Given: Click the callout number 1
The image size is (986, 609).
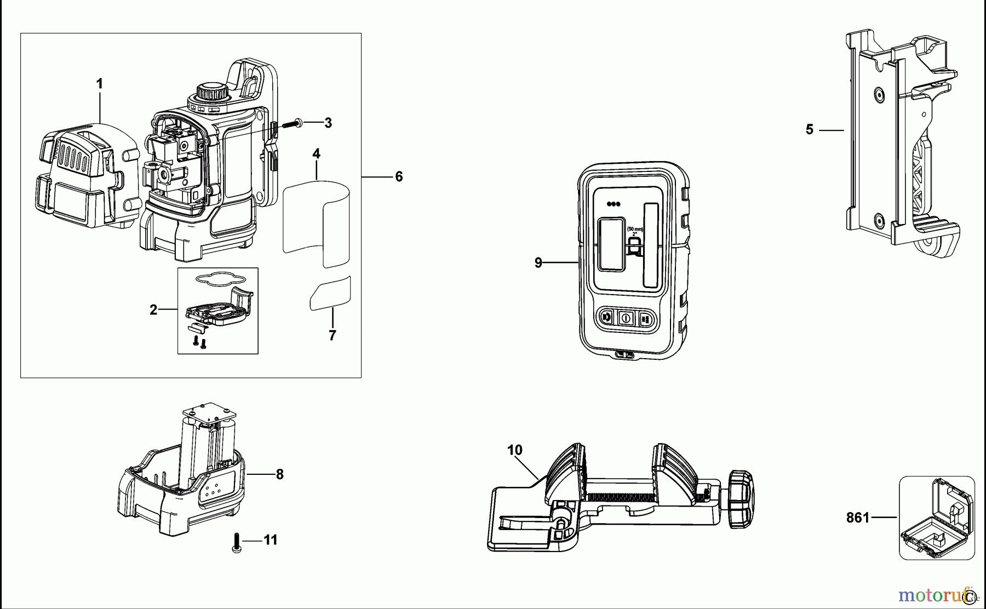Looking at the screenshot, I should coord(99,84).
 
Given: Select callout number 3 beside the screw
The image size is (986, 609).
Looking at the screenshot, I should coord(328,123).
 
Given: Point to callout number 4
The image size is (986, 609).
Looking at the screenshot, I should coord(317,154).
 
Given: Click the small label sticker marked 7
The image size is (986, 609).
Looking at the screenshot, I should coord(330,294).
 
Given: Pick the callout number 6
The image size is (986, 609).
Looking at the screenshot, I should coord(399,176).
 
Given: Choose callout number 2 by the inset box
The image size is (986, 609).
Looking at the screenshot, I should coord(153,310).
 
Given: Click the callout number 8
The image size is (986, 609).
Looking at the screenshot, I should coord(279,474).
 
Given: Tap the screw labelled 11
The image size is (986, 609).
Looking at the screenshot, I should coord(237,543).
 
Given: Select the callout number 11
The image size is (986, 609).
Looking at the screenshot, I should coord(271,540).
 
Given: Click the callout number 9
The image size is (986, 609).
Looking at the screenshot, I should coord(538,263).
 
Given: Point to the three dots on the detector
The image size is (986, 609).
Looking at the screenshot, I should coord(613,204).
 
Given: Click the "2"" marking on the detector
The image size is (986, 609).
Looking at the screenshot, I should coord(635,233).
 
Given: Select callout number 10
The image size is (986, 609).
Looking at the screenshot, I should coord(514,450).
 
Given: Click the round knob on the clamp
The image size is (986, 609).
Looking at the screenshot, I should coord(741,499).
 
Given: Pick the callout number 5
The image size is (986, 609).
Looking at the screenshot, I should coord(809,130).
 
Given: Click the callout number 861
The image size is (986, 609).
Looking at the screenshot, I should coord(857,517).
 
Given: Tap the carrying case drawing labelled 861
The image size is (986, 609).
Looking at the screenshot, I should coord(937,518).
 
